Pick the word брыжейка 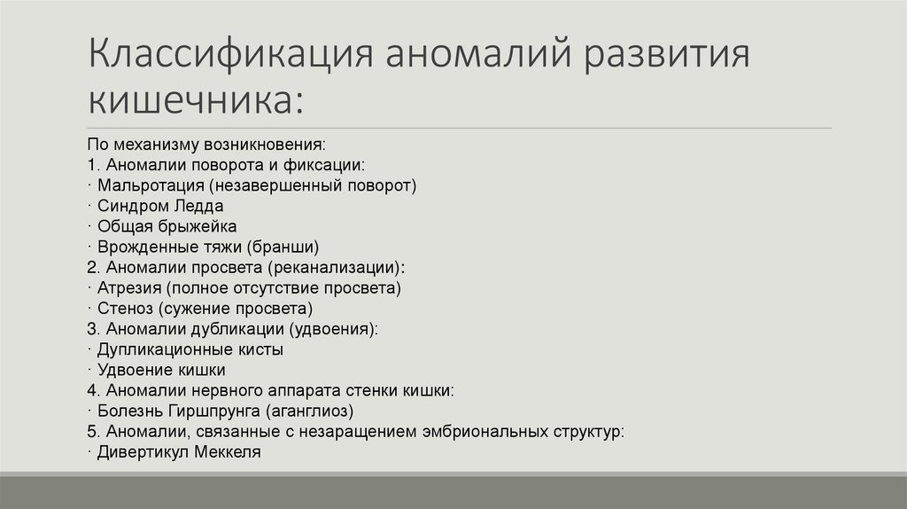pos(192,226)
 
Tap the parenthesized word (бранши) pos(283,247)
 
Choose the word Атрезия pos(128,288)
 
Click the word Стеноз pos(127,309)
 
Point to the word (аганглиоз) pos(308,411)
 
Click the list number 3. pos(92,329)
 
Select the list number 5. pos(92,431)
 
